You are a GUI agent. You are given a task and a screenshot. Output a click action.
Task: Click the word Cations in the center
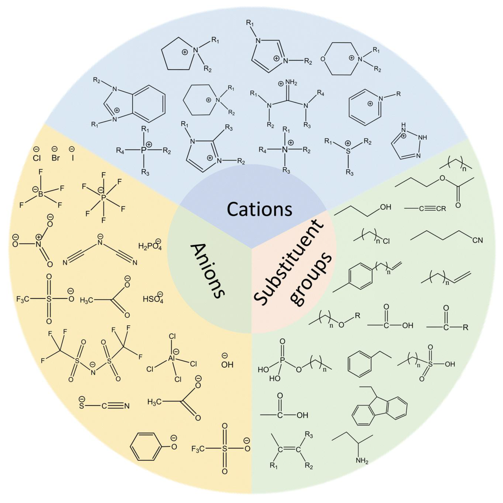pyautogui.click(x=259, y=209)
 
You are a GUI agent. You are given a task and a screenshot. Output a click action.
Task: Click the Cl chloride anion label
pyautogui.click(x=37, y=158)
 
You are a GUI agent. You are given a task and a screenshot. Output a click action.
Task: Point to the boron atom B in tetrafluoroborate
pyautogui.click(x=40, y=194)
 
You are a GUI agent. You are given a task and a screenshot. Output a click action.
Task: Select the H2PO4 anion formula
pyautogui.click(x=150, y=246)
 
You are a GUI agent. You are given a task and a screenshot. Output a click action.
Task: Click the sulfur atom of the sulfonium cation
pyautogui.click(x=348, y=151)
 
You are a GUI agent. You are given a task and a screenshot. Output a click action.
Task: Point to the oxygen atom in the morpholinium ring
pyautogui.click(x=323, y=59)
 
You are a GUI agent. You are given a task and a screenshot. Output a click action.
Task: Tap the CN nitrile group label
pyautogui.click(x=477, y=240)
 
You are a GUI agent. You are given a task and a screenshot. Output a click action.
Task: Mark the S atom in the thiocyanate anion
pyautogui.click(x=82, y=406)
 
